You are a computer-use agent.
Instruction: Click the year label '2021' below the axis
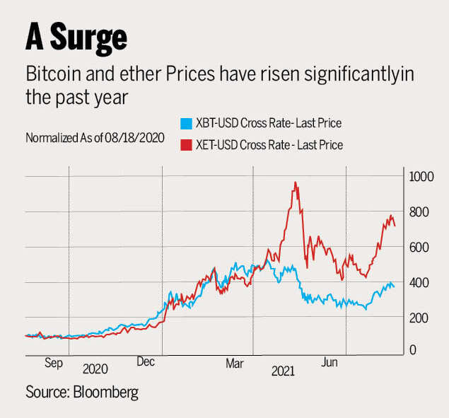(x=283, y=370)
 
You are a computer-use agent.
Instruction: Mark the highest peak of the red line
(x=295, y=182)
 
